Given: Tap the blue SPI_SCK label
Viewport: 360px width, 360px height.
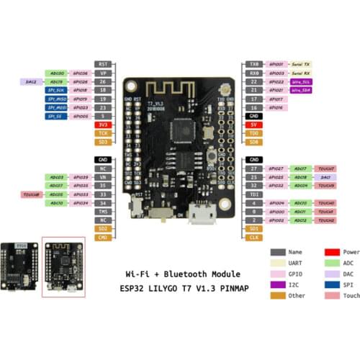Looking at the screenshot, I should click(56, 90).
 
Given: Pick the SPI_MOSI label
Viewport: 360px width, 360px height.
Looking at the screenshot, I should click(56, 107).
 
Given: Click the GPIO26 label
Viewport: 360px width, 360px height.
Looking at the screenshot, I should click(81, 81).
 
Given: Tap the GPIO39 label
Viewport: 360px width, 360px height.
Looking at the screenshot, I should click(81, 176).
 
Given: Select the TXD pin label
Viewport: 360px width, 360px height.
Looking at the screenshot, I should click(254, 63).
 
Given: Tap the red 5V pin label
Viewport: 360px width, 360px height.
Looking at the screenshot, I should click(254, 125).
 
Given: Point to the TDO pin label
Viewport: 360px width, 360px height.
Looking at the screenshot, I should click(254, 133).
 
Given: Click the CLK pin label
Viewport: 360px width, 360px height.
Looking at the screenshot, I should click(254, 237).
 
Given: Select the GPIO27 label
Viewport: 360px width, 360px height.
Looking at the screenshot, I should click(276, 168).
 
